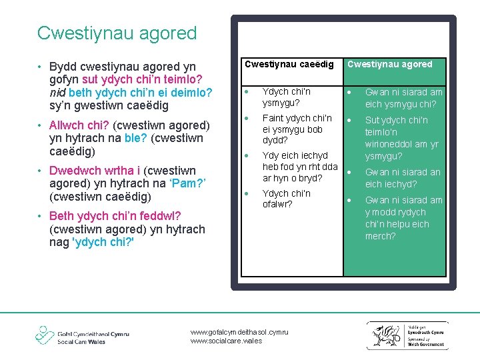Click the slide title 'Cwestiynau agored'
117,33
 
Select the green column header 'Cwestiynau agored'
390,65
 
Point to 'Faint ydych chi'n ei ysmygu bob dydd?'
297,129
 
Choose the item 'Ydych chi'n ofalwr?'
286,199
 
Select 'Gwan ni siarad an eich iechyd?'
402,178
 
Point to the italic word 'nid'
57,93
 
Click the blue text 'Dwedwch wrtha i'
91,170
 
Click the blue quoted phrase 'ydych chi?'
102,242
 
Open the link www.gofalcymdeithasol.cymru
239,332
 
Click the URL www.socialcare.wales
226,341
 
